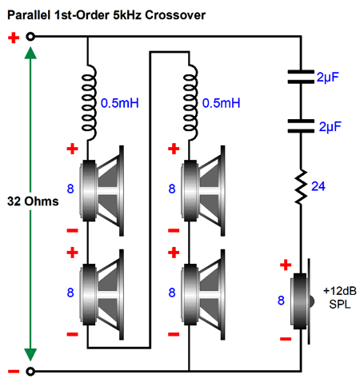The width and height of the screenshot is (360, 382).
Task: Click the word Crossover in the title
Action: [175, 15]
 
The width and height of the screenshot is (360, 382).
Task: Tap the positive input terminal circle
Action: [30, 37]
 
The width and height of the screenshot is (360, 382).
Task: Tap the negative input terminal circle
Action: [30, 371]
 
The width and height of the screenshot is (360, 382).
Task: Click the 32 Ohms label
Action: [33, 201]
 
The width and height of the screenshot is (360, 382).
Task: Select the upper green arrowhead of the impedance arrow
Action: [30, 53]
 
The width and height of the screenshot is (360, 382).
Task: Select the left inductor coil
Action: [89, 102]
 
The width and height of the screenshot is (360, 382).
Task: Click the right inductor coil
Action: [190, 102]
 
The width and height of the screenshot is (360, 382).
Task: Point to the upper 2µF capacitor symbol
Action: [301, 77]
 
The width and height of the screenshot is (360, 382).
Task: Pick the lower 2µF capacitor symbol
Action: [301, 125]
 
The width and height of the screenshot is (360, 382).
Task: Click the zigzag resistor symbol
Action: [301, 187]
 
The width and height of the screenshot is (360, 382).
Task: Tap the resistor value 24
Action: [318, 186]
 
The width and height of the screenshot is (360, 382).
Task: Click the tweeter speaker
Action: [302, 301]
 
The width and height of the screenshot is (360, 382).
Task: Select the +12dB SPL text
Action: [340, 297]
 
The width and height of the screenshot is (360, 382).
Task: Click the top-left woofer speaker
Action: [102, 191]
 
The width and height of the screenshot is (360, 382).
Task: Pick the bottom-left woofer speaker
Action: [102, 295]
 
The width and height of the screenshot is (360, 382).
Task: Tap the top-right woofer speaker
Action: [203, 191]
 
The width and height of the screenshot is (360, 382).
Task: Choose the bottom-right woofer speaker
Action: [203, 295]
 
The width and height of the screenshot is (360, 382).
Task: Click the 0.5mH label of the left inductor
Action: [120, 103]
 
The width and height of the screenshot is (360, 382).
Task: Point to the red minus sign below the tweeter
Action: [286, 339]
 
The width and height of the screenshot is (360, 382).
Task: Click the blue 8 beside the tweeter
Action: [281, 300]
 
